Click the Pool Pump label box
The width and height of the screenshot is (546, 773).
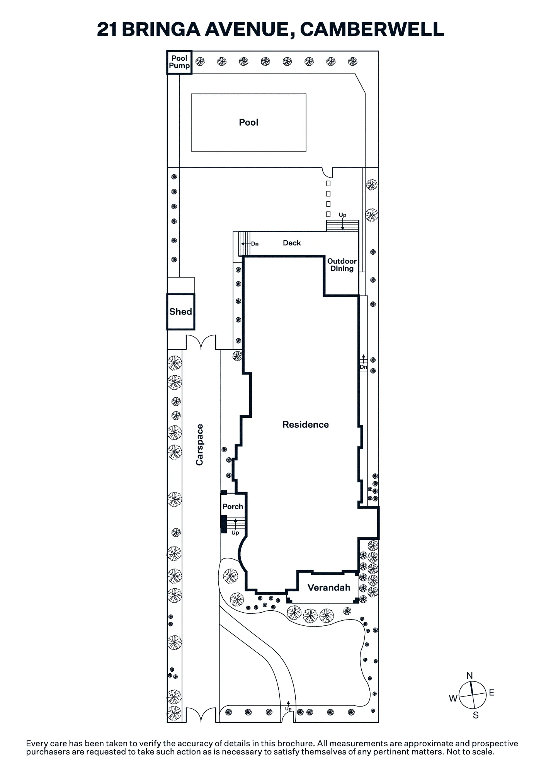pyautogui.click(x=179, y=62)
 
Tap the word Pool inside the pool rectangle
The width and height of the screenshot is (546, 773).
pyautogui.click(x=248, y=123)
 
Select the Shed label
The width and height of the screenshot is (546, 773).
pyautogui.click(x=180, y=312)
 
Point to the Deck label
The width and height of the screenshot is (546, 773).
pyautogui.click(x=292, y=243)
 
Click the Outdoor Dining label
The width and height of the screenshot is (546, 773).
pyautogui.click(x=342, y=265)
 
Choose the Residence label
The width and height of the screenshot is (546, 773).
pyautogui.click(x=306, y=425)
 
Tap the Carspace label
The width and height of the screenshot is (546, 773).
pyautogui.click(x=199, y=445)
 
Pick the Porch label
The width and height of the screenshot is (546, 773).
pyautogui.click(x=233, y=506)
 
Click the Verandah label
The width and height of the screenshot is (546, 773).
pyautogui.click(x=329, y=587)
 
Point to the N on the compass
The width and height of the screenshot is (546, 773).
pyautogui.click(x=470, y=676)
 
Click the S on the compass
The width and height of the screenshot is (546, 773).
pyautogui.click(x=476, y=715)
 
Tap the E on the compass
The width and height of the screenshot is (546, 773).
pyautogui.click(x=492, y=692)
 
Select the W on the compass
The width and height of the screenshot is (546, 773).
pyautogui.click(x=453, y=698)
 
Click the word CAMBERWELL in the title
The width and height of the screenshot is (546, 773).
pyautogui.click(x=372, y=29)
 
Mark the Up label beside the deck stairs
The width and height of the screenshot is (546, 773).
pyautogui.click(x=342, y=215)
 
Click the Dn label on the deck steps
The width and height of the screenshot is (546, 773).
pyautogui.click(x=255, y=244)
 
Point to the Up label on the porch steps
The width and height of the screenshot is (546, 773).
pyautogui.click(x=235, y=533)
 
